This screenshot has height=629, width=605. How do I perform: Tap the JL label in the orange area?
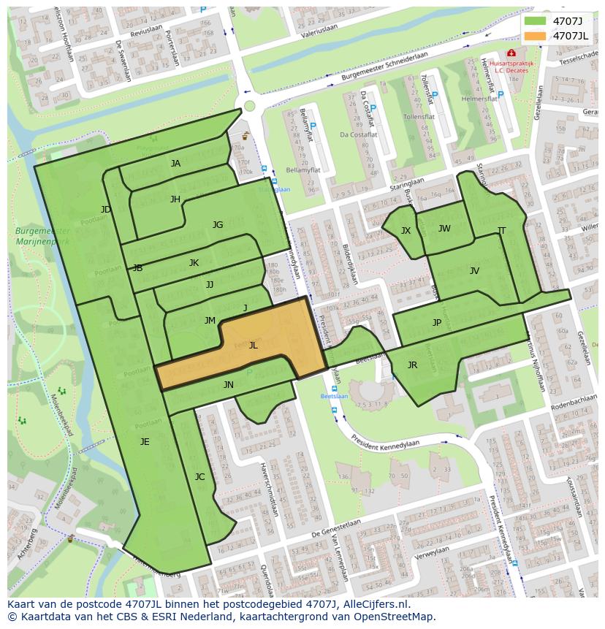tap(253, 346)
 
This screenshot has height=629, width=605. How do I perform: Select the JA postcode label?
tap(175, 164)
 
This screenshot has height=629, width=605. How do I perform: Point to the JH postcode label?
tap(175, 199)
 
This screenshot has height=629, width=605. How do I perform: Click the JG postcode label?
tap(218, 225)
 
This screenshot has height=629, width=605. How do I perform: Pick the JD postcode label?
tap(106, 210)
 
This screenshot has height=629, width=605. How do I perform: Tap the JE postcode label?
tap(145, 441)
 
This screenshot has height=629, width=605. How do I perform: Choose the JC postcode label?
tap(199, 476)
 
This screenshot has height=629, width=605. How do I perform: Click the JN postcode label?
tap(229, 385)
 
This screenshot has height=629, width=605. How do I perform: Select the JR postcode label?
tap(412, 365)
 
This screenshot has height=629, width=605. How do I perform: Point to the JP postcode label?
tap(437, 322)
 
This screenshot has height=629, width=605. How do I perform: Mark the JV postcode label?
tap(474, 271)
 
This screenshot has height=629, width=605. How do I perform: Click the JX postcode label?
tap(406, 231)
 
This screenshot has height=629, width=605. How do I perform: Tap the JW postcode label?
tap(444, 229)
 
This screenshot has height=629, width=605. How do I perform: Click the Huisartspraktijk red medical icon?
tap(511, 53)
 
